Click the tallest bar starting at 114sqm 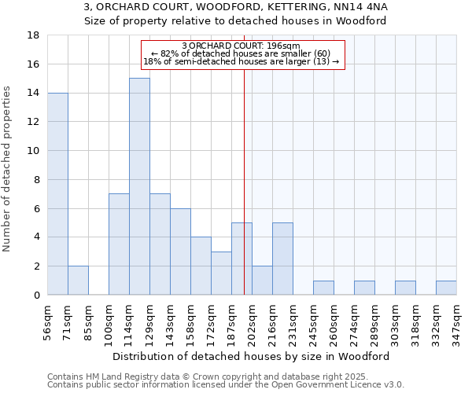(x=139, y=186)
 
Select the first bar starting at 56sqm (x=57, y=193)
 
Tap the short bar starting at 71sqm (x=78, y=281)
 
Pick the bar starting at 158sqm (x=201, y=266)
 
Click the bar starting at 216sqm (x=282, y=259)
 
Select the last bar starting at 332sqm (x=446, y=288)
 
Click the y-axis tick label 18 (x=34, y=35)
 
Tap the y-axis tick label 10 (x=34, y=151)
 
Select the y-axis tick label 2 (x=37, y=266)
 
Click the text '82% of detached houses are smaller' (x=241, y=53)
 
